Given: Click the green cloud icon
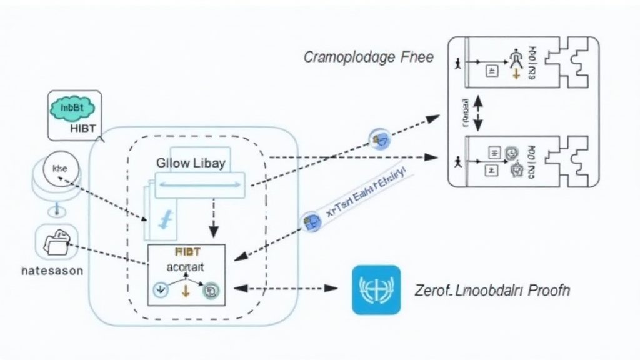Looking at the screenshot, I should [71, 108].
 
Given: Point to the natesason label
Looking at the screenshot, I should [52, 272].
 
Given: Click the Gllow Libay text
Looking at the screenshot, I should [191, 163].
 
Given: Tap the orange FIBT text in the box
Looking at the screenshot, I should [187, 252].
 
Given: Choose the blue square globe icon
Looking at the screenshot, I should [376, 289].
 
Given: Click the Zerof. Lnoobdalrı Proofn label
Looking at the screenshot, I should [492, 290].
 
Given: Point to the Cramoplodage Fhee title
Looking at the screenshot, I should [368, 57].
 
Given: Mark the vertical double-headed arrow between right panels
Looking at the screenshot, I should [478, 112].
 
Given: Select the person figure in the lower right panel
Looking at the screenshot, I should [459, 161].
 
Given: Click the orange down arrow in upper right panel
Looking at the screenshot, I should [516, 74].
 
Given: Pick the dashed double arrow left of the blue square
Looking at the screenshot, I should [285, 289].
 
